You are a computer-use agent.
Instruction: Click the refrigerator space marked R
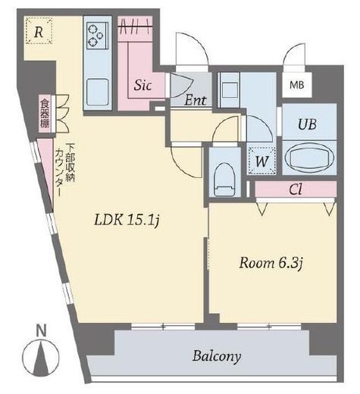point(39,31)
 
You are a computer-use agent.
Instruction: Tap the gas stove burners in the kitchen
point(97,36)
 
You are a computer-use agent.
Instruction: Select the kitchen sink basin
point(98,92)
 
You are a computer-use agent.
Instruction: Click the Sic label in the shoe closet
point(142,85)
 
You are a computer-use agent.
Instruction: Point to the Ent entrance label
point(196,100)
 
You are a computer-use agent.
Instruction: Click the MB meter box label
point(297,85)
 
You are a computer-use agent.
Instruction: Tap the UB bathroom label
point(307,124)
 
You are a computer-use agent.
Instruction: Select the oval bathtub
point(310,158)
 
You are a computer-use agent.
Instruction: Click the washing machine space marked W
point(261,161)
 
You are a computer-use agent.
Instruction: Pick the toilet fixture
point(224,179)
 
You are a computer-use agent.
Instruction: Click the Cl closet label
point(296,189)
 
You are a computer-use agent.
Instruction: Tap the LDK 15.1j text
point(127,220)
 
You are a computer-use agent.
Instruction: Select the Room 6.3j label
point(271,263)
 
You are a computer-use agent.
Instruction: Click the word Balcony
point(217,356)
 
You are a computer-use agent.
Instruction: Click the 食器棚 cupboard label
point(45,113)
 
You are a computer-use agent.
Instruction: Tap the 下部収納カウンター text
point(65,170)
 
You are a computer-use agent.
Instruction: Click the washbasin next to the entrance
point(230,89)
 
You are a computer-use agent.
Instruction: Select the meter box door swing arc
point(294,55)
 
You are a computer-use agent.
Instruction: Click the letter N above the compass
point(42,330)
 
